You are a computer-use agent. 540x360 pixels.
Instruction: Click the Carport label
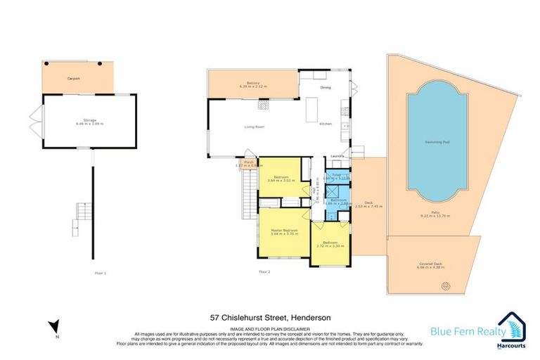click(x=72, y=79)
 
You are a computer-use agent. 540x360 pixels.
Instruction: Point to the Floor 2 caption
click(x=264, y=271)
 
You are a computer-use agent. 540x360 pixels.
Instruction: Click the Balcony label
click(x=245, y=84)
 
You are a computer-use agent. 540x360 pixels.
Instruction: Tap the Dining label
click(x=326, y=87)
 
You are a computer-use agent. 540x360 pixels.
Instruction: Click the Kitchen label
click(x=325, y=124)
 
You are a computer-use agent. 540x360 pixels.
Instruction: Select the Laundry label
click(x=336, y=155)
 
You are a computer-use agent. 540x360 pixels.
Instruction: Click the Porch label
click(x=248, y=162)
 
